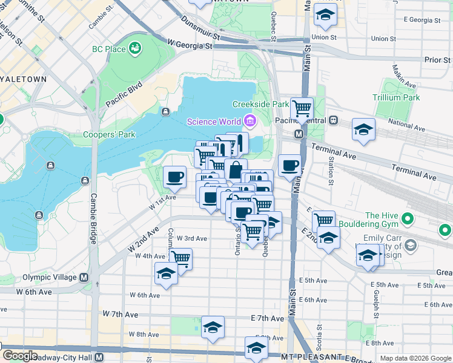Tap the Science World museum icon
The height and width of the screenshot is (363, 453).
click(249, 121)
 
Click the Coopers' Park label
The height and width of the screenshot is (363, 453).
click(109, 134)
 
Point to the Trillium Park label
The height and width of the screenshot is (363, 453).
click(397, 97)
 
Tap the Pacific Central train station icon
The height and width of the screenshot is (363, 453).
click(334, 120)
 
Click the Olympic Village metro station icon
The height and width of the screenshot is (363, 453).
click(83, 278)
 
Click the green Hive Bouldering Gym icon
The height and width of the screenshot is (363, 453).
click(446, 230)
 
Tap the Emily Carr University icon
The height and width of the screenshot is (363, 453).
click(411, 245)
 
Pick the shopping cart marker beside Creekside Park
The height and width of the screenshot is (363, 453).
click(302, 110)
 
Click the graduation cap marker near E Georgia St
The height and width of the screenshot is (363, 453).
click(325, 16)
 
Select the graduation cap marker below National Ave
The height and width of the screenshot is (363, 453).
click(363, 130)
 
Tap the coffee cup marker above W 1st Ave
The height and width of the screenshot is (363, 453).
click(175, 177)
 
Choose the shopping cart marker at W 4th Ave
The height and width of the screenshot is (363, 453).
click(180, 258)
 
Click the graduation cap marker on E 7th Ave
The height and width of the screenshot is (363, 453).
click(213, 327)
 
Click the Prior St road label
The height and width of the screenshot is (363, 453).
click(437, 60)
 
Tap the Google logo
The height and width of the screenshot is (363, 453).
click(20, 356)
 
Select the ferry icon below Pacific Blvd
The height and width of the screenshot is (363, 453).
click(165, 111)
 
